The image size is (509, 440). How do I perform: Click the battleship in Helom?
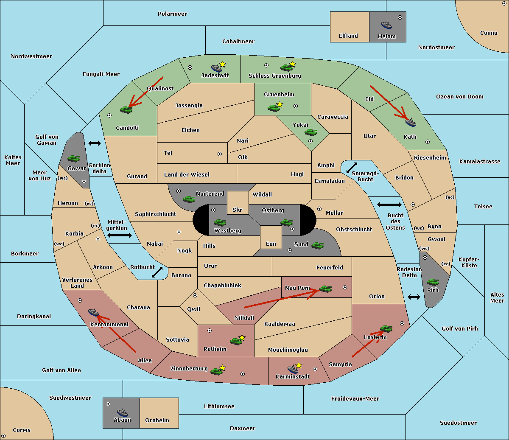(386, 25)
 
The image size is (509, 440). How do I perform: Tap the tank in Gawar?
(73, 158)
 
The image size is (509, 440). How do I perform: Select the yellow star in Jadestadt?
(222, 64)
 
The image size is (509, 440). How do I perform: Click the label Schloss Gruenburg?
(274, 76)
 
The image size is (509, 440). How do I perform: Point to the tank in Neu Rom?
(325, 289)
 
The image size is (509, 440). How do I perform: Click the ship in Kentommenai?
(93, 312)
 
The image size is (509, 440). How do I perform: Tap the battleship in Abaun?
(122, 412)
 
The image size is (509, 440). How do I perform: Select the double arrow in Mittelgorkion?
(120, 235)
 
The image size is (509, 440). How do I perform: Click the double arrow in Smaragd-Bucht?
(352, 168)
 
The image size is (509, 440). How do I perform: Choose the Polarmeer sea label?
(172, 14)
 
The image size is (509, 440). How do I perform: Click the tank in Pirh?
(433, 282)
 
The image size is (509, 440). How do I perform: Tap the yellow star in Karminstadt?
(299, 365)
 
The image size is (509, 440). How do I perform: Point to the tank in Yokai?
(310, 132)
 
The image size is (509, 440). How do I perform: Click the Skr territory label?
(238, 210)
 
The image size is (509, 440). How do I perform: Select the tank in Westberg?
(220, 222)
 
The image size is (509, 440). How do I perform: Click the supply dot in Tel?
(220, 154)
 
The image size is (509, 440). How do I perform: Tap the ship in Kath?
(410, 123)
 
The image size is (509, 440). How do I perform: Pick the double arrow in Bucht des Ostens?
(389, 205)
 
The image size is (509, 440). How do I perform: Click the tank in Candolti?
(126, 109)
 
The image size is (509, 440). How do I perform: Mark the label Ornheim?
(157, 420)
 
